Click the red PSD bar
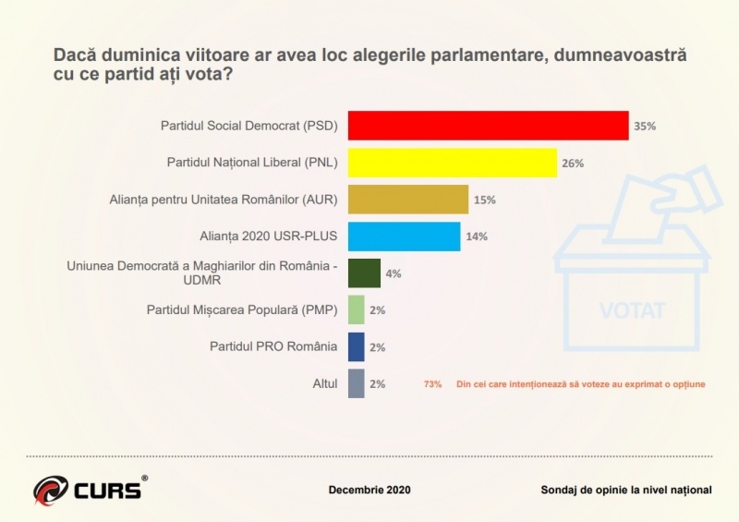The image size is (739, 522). pos(488,125)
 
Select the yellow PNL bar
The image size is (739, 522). pos(452,163)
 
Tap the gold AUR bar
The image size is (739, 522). pos(407,200)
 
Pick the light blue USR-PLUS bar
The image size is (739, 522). pos(404,236)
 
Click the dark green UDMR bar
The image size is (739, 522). pos(364,273)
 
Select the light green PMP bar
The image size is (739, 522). pos(356,310)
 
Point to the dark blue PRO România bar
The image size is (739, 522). pos(356,346)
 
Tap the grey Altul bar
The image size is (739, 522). pos(356,382)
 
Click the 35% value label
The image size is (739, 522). pos(645,126)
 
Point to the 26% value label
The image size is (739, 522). pos(573,163)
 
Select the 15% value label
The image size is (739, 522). pos(485,200)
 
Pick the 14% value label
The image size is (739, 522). pos(477,236)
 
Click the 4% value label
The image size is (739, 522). pos(394,273)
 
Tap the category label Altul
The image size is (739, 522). pos(324,382)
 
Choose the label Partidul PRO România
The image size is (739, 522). pos(273,346)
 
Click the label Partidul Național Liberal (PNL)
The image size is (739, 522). pos(252,163)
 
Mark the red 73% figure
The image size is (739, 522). pos(432,383)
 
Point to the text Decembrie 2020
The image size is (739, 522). pos(369,490)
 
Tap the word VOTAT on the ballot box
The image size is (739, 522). pos(632,310)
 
